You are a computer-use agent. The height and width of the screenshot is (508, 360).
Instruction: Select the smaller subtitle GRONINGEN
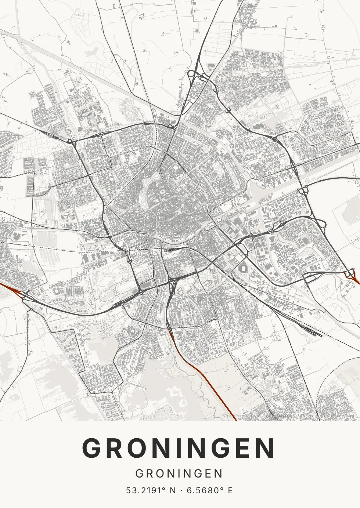179,473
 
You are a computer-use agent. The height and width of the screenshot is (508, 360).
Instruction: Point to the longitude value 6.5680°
206,490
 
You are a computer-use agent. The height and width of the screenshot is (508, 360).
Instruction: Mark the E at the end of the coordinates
230,490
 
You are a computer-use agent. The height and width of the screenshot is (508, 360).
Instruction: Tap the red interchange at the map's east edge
351,275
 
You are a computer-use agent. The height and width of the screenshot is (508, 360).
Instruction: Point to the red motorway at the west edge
11,288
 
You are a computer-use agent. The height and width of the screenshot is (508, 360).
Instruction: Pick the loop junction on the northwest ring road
69,141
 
